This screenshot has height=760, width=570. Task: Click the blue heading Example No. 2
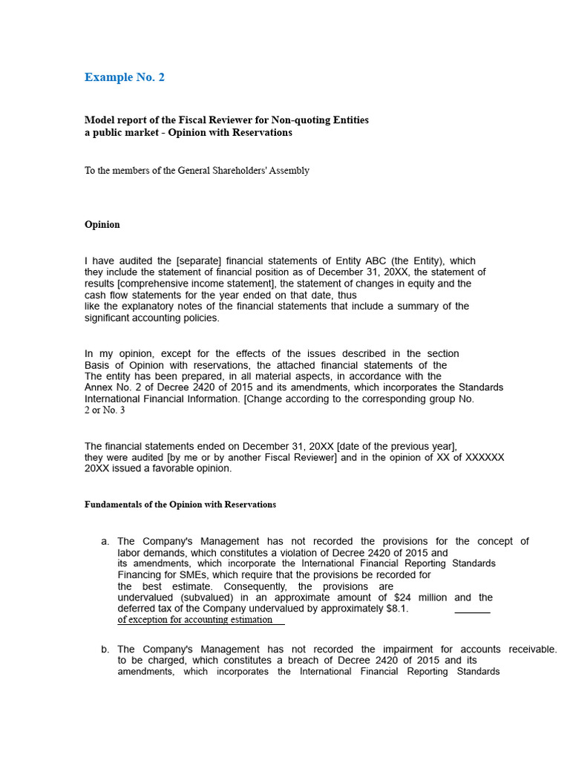click(x=125, y=77)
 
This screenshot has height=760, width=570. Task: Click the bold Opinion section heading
click(x=102, y=224)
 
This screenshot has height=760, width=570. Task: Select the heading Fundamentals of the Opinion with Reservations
click(x=180, y=505)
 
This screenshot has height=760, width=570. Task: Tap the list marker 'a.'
click(x=105, y=542)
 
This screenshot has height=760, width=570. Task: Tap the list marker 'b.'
click(x=105, y=649)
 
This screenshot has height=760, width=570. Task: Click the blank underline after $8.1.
click(x=472, y=611)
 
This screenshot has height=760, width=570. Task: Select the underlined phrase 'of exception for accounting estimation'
click(x=195, y=620)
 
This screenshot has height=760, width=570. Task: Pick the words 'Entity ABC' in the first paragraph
click(x=361, y=261)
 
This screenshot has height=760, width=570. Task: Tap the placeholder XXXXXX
click(x=480, y=457)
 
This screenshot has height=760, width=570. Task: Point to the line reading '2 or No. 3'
click(x=105, y=410)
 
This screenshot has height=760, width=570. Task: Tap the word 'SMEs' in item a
click(x=182, y=575)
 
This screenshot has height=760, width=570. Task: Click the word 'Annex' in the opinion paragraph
click(x=99, y=387)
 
